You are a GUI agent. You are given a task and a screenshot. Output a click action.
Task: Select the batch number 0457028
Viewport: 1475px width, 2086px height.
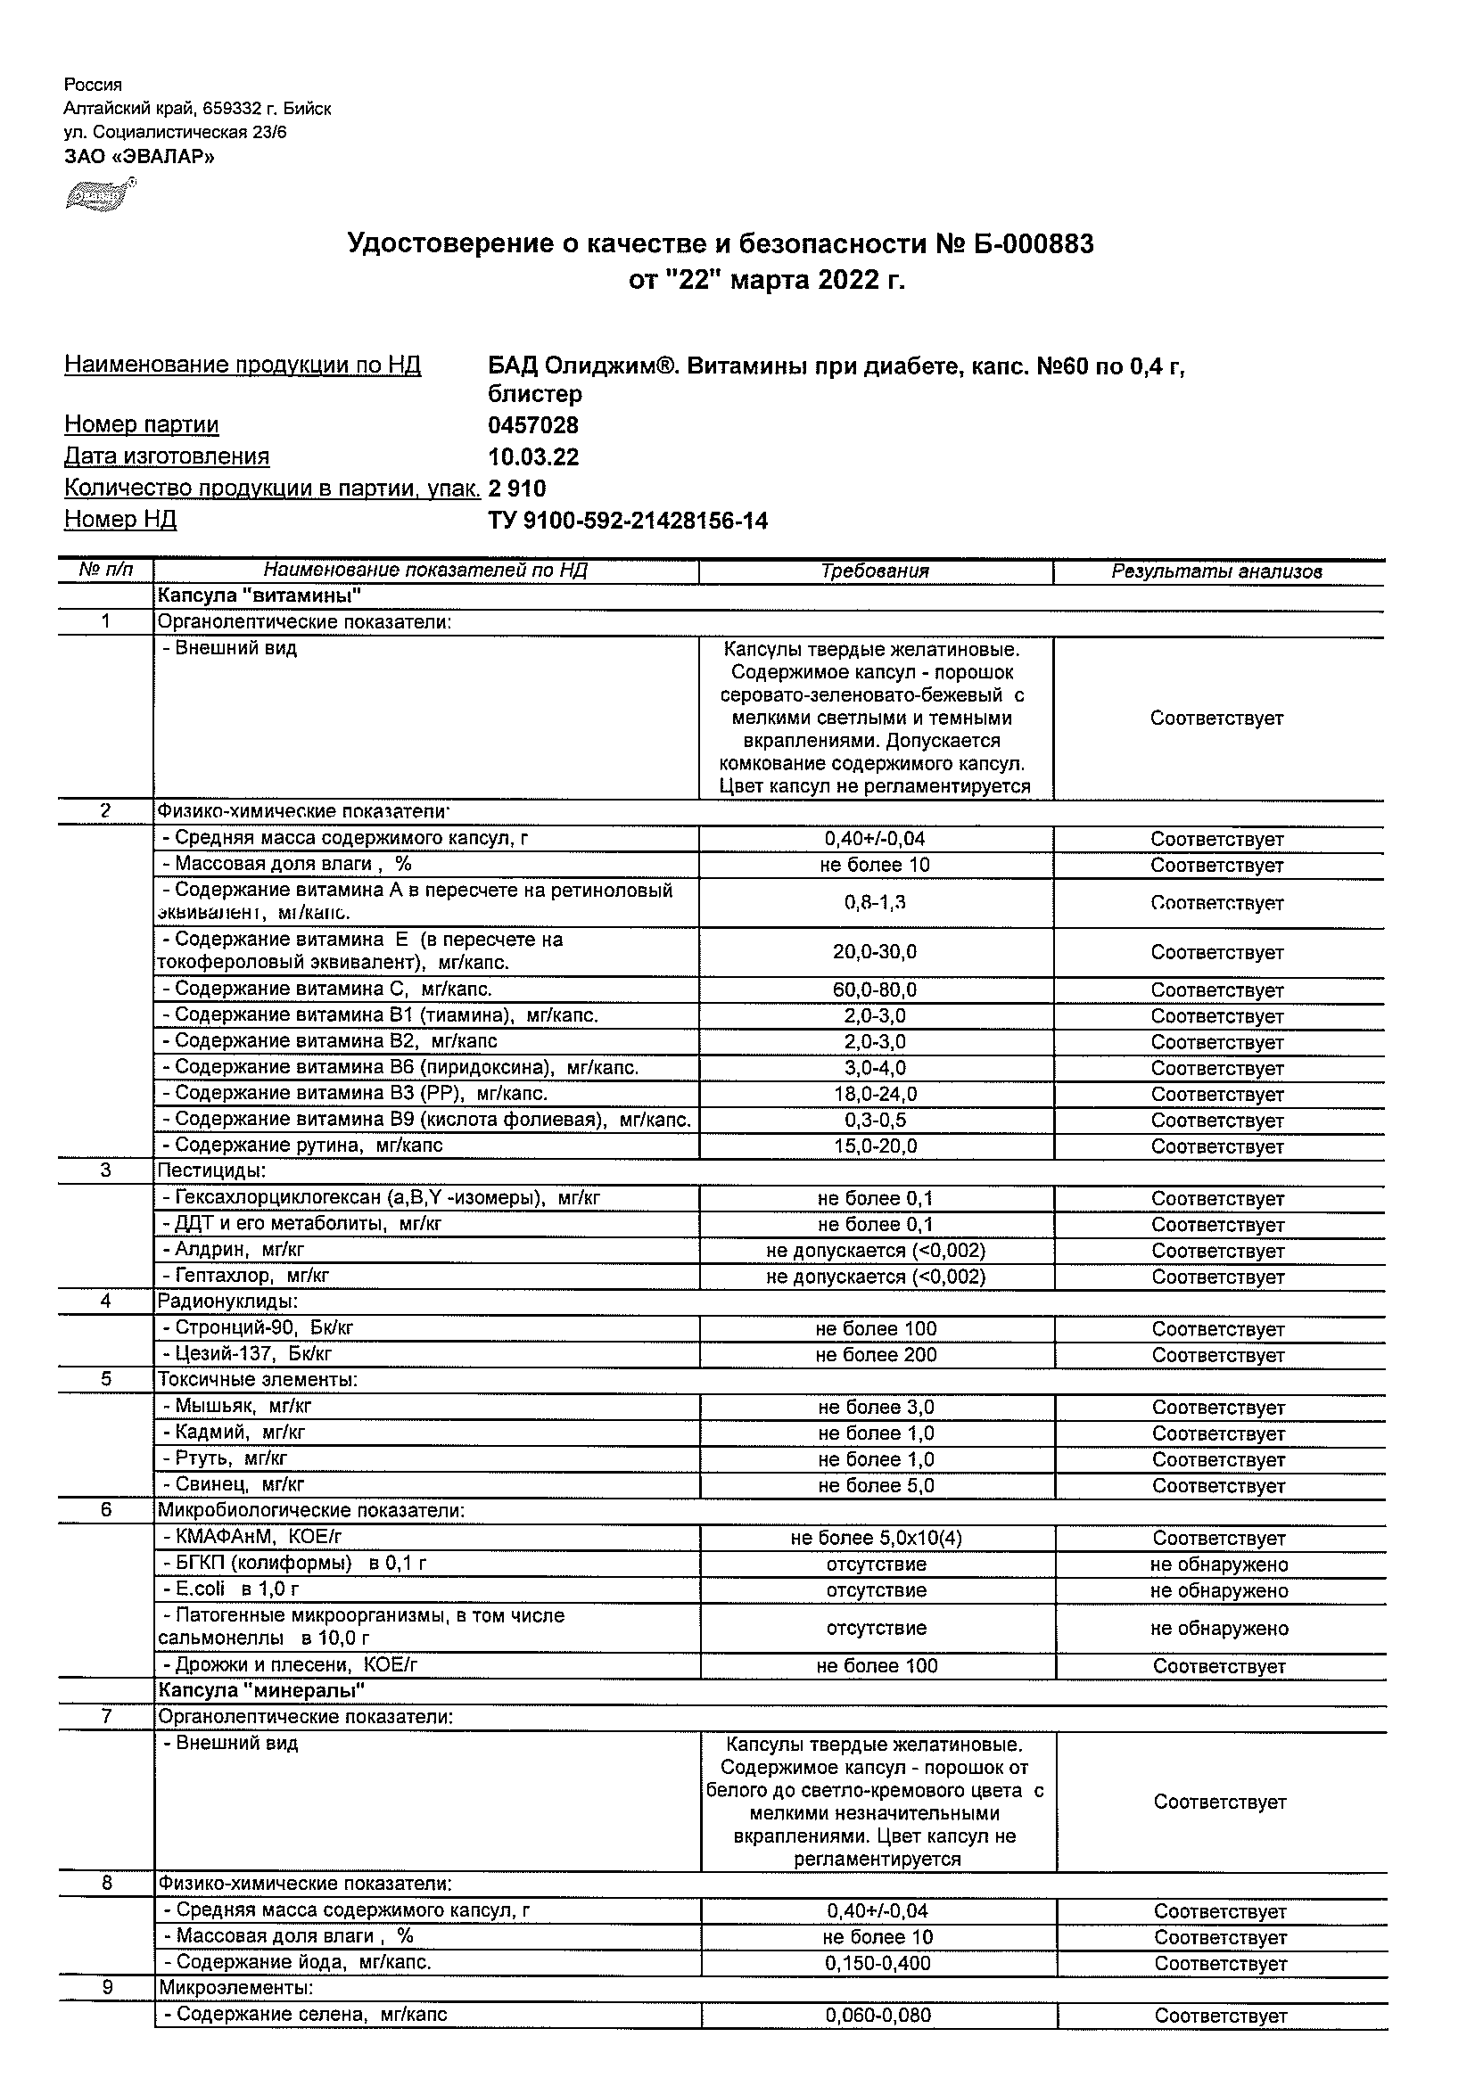tap(532, 425)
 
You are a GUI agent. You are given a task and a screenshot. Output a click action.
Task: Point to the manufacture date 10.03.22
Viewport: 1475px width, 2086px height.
tap(532, 457)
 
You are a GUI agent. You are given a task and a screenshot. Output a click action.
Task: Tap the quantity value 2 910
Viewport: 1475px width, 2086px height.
tap(517, 489)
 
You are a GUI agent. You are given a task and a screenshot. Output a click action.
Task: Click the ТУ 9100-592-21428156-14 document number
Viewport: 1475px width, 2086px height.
tap(627, 521)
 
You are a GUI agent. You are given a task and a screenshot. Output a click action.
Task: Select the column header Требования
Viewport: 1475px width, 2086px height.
tap(874, 571)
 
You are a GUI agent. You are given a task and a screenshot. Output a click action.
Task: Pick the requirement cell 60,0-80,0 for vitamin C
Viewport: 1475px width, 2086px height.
tap(874, 990)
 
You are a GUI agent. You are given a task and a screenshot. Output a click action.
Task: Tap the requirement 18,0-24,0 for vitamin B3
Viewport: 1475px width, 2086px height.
tap(874, 1094)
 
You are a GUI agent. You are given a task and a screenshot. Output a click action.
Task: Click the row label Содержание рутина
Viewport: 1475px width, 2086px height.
tap(308, 1146)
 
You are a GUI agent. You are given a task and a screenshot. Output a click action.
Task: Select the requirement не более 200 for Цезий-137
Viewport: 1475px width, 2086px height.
tap(875, 1355)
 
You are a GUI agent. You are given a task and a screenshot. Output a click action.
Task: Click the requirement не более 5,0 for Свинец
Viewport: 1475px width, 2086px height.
tap(875, 1485)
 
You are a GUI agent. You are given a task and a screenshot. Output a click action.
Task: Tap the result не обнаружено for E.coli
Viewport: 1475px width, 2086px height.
tap(1219, 1590)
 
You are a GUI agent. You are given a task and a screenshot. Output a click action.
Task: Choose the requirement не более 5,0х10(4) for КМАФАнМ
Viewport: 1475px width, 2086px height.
tap(875, 1538)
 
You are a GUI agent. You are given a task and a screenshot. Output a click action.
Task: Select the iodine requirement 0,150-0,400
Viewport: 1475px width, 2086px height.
tap(877, 1962)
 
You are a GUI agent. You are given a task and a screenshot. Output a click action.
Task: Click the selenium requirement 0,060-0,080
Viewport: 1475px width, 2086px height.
tap(877, 2016)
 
